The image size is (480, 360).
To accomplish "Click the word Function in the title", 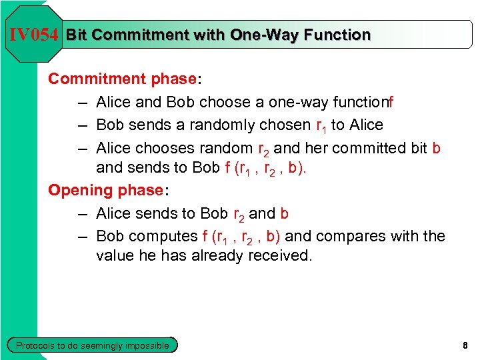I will [x=336, y=35].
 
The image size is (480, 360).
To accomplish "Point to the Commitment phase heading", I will [x=124, y=79].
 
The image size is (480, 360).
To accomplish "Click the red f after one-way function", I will [x=391, y=102].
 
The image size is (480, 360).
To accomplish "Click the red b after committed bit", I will [x=436, y=147].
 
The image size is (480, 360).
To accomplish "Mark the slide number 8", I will [x=465, y=345].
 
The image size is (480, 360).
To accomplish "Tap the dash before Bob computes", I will [x=81, y=236].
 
